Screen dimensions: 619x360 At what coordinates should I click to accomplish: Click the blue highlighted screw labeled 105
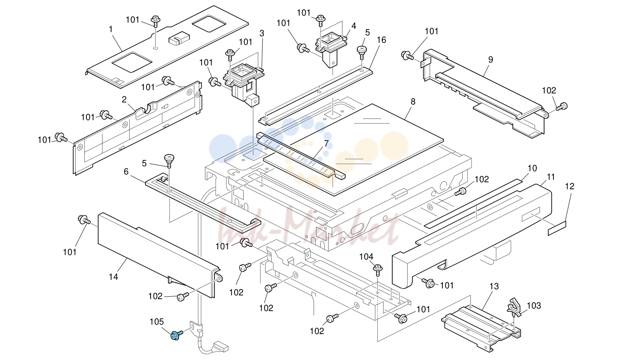[x=176, y=335]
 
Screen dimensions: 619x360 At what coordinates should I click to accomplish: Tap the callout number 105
[x=157, y=322]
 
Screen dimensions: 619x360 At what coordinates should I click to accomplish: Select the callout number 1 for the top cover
[x=111, y=29]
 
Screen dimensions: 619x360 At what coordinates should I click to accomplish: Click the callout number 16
[x=382, y=40]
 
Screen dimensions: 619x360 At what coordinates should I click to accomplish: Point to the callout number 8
[x=413, y=102]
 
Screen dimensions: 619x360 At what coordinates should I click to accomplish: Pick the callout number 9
[x=491, y=59]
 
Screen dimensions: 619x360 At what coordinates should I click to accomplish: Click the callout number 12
[x=570, y=186]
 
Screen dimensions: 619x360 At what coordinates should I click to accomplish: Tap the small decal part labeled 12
[x=557, y=228]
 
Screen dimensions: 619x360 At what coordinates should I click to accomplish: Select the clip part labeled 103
[x=514, y=307]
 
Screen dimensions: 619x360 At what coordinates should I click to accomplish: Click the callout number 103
[x=534, y=306]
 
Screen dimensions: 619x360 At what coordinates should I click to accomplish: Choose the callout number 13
[x=494, y=286]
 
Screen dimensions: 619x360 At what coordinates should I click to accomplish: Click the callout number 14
[x=113, y=276]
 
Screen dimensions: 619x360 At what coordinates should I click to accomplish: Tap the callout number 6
[x=126, y=172]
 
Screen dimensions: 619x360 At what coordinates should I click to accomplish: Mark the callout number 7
[x=326, y=144]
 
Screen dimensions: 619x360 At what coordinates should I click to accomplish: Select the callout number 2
[x=124, y=99]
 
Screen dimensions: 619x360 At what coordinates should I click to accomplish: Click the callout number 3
[x=262, y=33]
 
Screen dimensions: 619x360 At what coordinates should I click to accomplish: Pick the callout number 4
[x=354, y=26]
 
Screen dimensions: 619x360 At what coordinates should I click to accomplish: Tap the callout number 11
[x=551, y=177]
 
